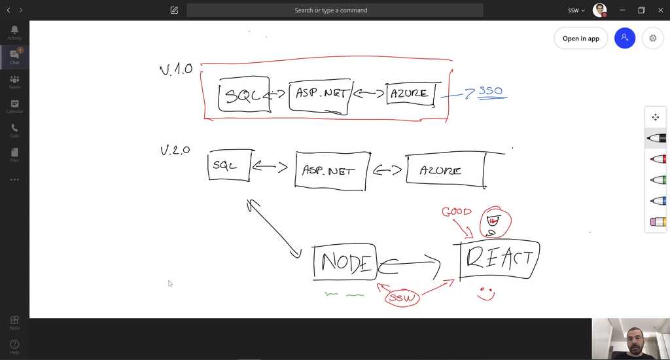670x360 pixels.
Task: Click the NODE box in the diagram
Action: tap(345, 262)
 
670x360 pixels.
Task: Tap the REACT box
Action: tap(500, 259)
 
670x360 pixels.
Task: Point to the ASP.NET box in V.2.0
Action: tap(330, 171)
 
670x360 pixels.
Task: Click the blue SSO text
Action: tap(491, 92)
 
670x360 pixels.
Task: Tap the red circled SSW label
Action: tap(402, 298)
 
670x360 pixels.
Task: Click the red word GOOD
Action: tap(456, 212)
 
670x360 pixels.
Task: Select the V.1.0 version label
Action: tap(176, 69)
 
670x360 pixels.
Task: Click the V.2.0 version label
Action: tap(175, 151)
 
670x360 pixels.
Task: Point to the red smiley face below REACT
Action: tap(485, 294)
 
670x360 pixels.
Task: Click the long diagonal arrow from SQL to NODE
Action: tap(273, 229)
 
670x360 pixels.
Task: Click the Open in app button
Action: tap(580, 39)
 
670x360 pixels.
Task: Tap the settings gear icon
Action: tap(652, 39)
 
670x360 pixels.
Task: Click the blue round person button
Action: tap(625, 38)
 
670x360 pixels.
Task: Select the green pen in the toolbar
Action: tap(658, 180)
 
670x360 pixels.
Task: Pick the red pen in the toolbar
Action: tap(658, 159)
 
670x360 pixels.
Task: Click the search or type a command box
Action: tap(335, 10)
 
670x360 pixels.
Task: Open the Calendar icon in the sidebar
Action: tap(14, 106)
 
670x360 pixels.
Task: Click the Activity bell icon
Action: tap(14, 32)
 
